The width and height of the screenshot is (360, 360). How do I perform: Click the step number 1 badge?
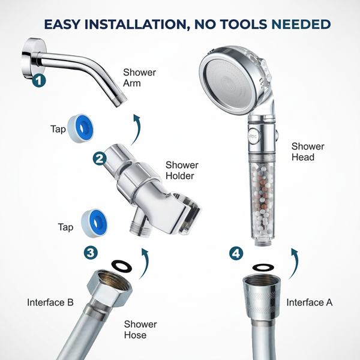point(39,80)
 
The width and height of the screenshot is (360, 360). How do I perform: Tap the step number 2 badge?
point(100,158)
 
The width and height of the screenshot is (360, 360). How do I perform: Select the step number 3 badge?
point(91,253)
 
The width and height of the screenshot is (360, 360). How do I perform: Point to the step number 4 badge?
point(236,253)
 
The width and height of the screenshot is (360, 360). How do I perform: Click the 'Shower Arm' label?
point(139,77)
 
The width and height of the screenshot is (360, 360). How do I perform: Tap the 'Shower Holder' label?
point(182,170)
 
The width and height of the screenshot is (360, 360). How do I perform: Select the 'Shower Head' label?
point(308,152)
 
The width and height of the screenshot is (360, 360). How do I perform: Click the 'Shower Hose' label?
point(140,329)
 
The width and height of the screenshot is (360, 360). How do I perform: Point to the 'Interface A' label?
point(310,302)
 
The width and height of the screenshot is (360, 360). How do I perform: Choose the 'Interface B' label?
point(50,302)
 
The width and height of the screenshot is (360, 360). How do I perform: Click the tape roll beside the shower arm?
point(80,128)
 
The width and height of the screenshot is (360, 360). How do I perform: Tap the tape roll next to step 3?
point(94,223)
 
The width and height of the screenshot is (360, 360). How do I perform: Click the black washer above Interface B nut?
point(121,266)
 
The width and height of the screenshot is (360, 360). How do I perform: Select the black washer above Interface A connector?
point(263,267)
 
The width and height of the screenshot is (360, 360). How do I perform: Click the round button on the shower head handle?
point(253,136)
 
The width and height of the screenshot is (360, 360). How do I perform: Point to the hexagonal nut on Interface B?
point(110,288)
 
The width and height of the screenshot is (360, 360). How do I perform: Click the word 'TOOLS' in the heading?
point(245,25)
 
